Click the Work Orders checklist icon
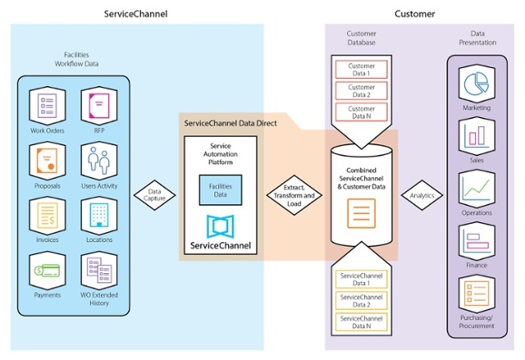48,106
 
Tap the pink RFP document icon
99,106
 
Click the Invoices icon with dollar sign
48,216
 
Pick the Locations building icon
99,215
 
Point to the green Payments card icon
48,271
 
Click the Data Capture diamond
154,195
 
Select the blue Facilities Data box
221,190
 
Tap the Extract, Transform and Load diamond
294,195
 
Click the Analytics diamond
422,195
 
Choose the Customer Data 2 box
361,91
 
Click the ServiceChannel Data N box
361,322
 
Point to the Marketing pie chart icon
477,84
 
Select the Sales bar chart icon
477,135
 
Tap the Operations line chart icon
477,189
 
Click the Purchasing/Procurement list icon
477,293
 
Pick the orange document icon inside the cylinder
361,213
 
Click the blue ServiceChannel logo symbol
221,226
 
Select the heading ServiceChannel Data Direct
231,123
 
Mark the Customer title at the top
414,14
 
